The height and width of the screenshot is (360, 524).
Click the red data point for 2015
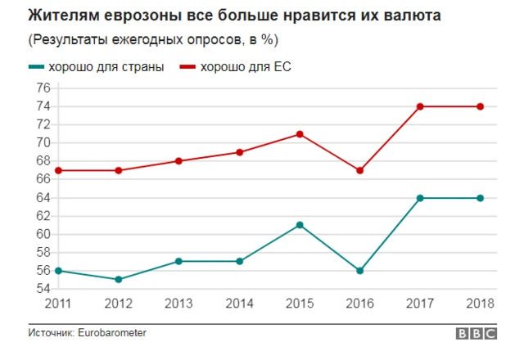pos(300,133)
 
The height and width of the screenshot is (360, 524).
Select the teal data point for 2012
pos(119,279)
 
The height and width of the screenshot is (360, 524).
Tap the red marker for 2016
pos(359,170)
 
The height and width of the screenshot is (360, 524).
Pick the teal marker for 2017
pos(420,197)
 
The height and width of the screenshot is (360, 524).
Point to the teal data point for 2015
pos(300,224)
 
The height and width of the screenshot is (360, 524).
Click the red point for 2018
pos(481,106)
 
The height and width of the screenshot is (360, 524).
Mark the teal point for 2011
pos(58,270)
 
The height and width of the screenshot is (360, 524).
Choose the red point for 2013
pos(179,161)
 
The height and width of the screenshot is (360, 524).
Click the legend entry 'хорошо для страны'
pos(107,67)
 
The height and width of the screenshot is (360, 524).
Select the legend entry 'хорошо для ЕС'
pos(245,67)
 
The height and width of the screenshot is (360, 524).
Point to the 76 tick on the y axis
pos(43,88)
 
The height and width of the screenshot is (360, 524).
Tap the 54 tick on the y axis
pos(43,289)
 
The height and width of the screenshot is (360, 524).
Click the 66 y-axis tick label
pos(43,179)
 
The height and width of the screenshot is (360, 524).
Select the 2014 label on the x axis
pos(239,304)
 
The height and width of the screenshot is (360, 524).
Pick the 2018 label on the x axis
pos(481,304)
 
